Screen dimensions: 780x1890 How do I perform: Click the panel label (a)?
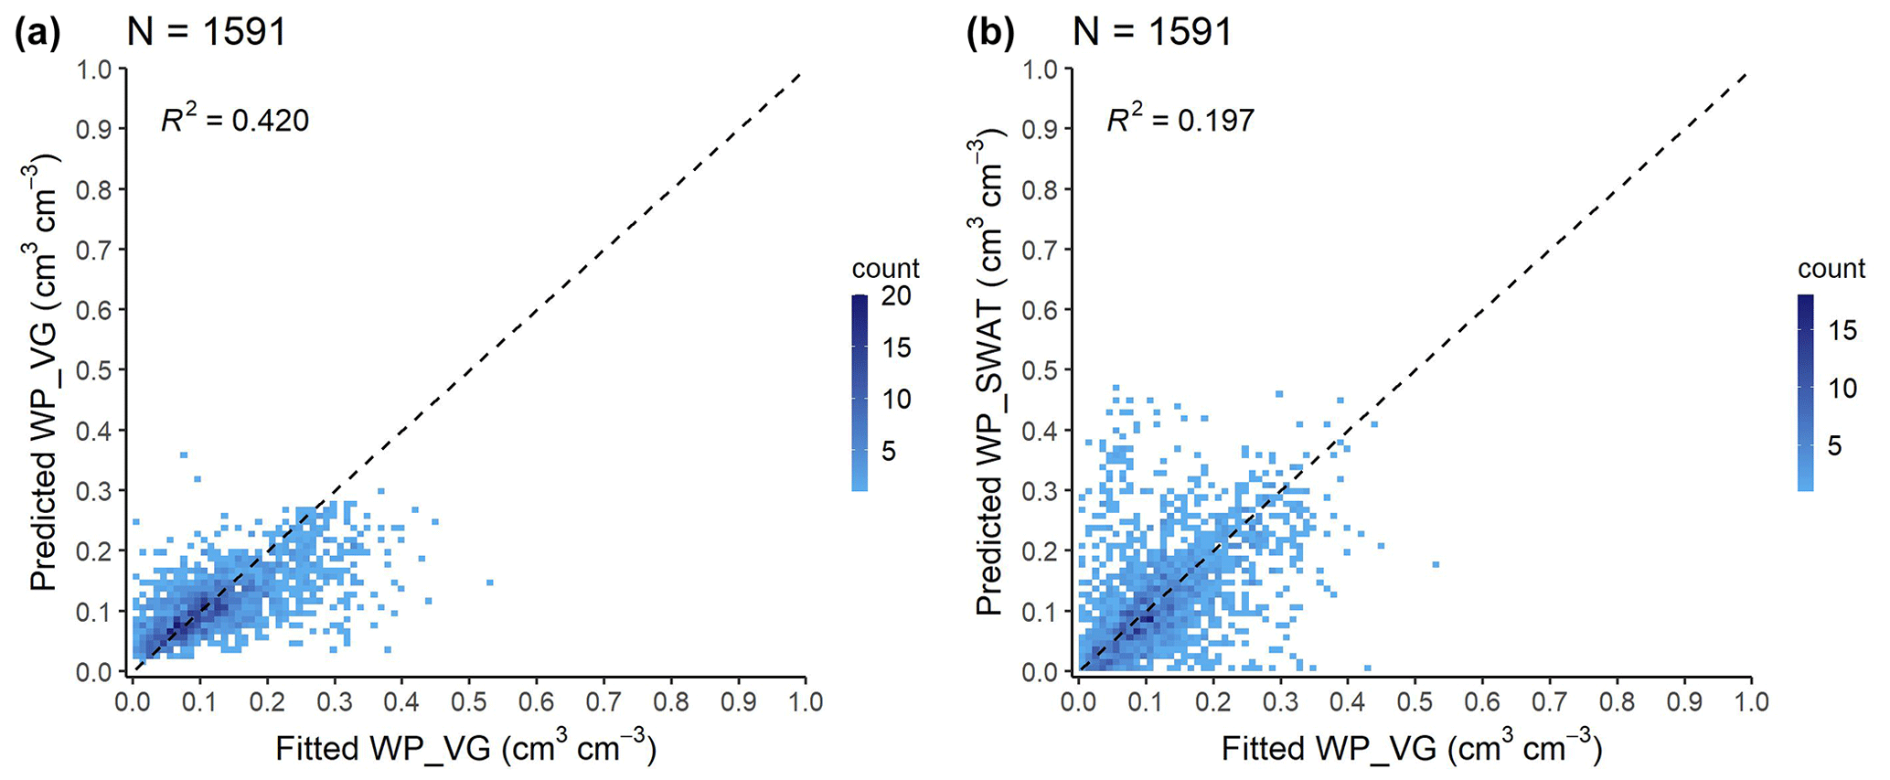(x=37, y=34)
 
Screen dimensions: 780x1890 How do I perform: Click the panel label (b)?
(x=990, y=34)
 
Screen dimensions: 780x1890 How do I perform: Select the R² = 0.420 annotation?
(x=235, y=120)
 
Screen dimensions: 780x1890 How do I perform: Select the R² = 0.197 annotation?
(x=1180, y=120)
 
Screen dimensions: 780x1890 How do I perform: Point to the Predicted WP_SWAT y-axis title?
(x=990, y=375)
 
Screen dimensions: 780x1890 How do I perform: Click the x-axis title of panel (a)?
(x=465, y=747)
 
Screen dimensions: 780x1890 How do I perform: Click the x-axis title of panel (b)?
(x=1411, y=747)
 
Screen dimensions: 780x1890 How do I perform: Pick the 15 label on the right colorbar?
(x=1842, y=329)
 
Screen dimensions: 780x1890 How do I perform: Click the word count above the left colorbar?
(x=885, y=268)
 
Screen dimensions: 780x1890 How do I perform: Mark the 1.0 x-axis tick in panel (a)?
(x=805, y=702)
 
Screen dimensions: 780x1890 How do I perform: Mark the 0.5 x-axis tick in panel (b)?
(x=1415, y=702)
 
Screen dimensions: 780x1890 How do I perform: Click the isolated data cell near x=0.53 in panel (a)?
(x=490, y=582)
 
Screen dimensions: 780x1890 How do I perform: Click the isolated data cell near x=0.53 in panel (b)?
(x=1436, y=564)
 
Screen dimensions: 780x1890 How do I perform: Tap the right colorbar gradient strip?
(x=1805, y=393)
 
